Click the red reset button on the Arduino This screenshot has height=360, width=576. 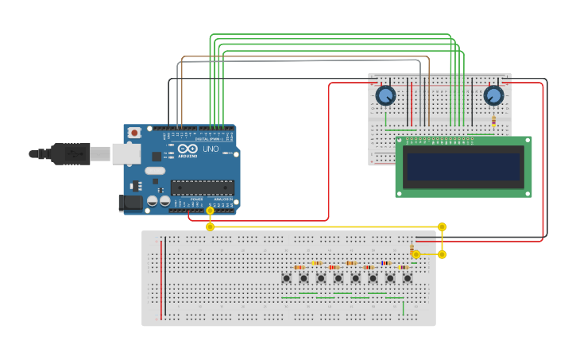(134, 133)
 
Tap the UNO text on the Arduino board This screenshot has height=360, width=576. (211, 149)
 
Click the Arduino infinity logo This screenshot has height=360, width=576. (187, 149)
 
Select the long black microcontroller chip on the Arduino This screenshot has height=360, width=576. (202, 188)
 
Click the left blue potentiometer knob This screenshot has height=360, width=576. (385, 95)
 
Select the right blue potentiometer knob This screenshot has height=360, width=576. (493, 95)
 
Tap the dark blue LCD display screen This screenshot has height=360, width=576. (463, 167)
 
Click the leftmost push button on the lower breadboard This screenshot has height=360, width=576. (286, 278)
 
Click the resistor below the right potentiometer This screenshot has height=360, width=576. (493, 121)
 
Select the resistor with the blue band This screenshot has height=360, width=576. (385, 263)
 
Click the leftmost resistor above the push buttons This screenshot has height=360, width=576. (299, 268)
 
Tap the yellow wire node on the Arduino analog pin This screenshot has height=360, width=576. (210, 211)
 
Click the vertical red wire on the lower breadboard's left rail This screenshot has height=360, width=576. (161, 278)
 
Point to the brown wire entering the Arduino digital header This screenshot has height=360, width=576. (182, 95)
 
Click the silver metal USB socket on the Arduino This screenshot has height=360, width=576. (126, 153)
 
